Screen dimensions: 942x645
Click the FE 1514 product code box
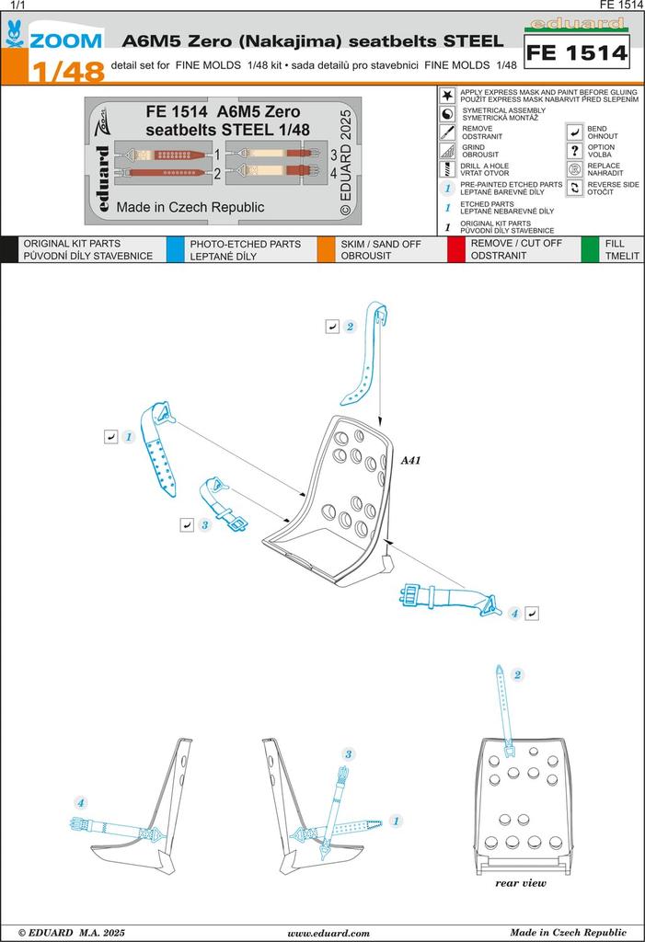576,53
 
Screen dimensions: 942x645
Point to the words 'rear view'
521,883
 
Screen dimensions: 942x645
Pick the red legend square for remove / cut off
455,249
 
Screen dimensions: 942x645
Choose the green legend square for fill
590,249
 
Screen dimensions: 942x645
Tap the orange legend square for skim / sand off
325,249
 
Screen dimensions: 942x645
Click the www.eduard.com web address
328,932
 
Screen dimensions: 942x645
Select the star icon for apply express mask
447,96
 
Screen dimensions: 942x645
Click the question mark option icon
574,150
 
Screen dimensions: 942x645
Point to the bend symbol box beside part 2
331,327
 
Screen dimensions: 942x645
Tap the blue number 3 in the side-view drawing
349,754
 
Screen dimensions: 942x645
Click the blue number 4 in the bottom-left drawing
81,803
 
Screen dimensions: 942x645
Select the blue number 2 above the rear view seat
518,675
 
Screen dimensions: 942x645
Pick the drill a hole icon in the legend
447,169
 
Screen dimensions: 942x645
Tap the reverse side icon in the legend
574,188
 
